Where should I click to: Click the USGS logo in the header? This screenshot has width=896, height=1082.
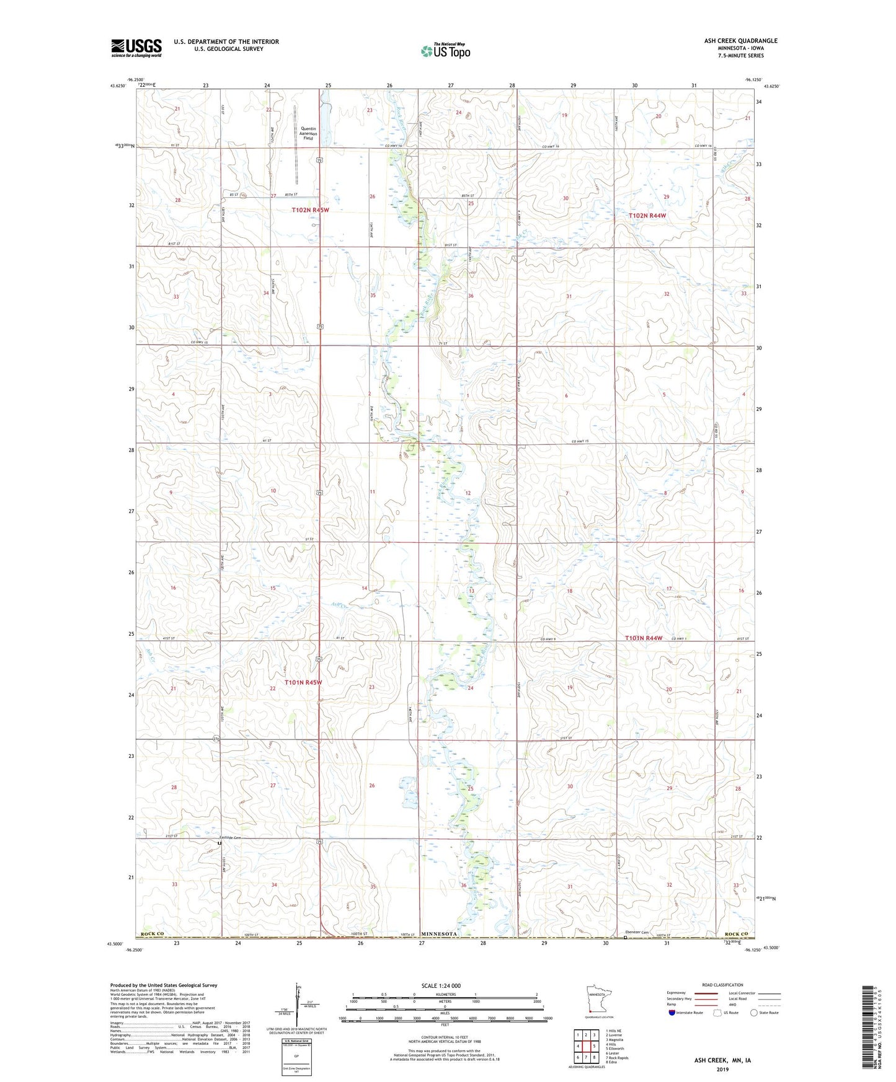pyautogui.click(x=136, y=48)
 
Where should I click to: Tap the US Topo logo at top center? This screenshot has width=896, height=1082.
pyautogui.click(x=445, y=51)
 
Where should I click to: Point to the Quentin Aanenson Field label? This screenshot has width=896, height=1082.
pyautogui.click(x=308, y=134)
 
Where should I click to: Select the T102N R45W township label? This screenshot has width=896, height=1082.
pyautogui.click(x=310, y=210)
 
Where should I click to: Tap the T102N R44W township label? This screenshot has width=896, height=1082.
pyautogui.click(x=647, y=216)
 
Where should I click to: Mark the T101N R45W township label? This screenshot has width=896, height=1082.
pyautogui.click(x=303, y=682)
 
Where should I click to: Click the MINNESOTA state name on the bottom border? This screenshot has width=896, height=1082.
pyautogui.click(x=439, y=934)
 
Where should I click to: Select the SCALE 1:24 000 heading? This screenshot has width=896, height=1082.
pyautogui.click(x=441, y=986)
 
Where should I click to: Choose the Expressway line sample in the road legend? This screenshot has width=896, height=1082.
pyautogui.click(x=708, y=993)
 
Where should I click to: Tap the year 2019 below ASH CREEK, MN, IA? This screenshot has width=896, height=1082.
pyautogui.click(x=722, y=1069)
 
